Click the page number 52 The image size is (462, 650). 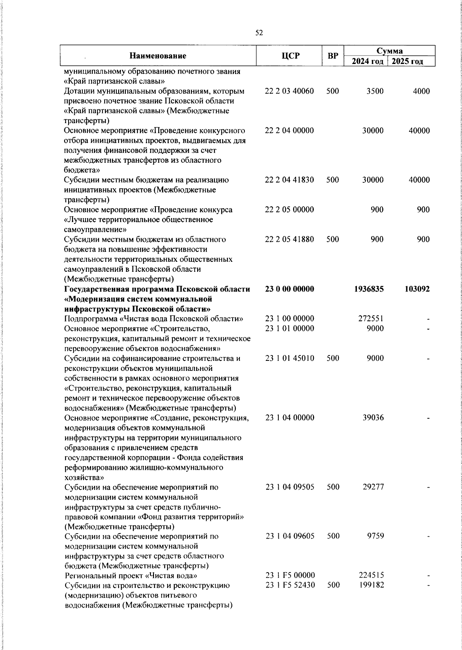[x=259, y=33]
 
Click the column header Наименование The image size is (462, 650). [x=158, y=56]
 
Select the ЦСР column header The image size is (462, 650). [x=290, y=56]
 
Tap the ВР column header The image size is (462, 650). [x=333, y=56]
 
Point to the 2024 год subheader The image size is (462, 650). [x=368, y=62]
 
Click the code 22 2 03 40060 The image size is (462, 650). [x=290, y=91]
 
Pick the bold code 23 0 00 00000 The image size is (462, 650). [x=290, y=289]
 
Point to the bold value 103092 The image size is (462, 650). [x=417, y=289]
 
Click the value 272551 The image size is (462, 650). [x=371, y=319]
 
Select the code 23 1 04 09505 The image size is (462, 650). [x=290, y=487]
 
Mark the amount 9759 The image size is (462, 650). [x=375, y=536]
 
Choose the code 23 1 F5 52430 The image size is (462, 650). [x=290, y=585]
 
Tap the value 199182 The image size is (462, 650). [x=371, y=585]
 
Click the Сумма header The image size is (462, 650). [x=389, y=51]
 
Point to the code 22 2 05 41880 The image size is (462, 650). [x=290, y=239]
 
